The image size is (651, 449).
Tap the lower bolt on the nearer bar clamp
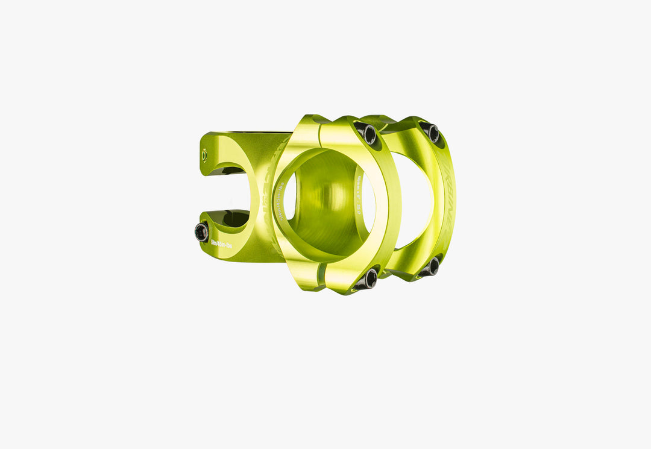point(370,278)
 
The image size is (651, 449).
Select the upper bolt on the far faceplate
point(432,132)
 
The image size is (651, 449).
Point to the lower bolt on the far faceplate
point(432,266)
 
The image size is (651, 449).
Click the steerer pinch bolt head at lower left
point(201,231)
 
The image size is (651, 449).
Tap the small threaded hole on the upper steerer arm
point(204,155)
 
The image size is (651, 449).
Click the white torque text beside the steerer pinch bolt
point(221,245)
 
